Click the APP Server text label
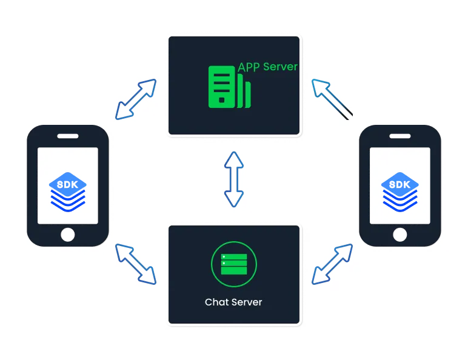(x=268, y=66)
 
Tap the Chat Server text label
(x=233, y=301)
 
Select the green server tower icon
(x=229, y=87)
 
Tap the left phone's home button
(x=68, y=235)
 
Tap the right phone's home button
(x=400, y=235)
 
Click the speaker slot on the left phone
(x=68, y=136)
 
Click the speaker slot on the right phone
(x=400, y=136)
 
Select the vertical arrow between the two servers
(x=234, y=179)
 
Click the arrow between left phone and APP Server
(x=135, y=99)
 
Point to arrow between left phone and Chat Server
(x=135, y=263)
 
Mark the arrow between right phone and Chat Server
(x=332, y=263)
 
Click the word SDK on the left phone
(x=68, y=184)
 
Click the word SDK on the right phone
(x=400, y=184)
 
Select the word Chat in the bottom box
(x=216, y=301)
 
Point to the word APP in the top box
(x=249, y=66)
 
